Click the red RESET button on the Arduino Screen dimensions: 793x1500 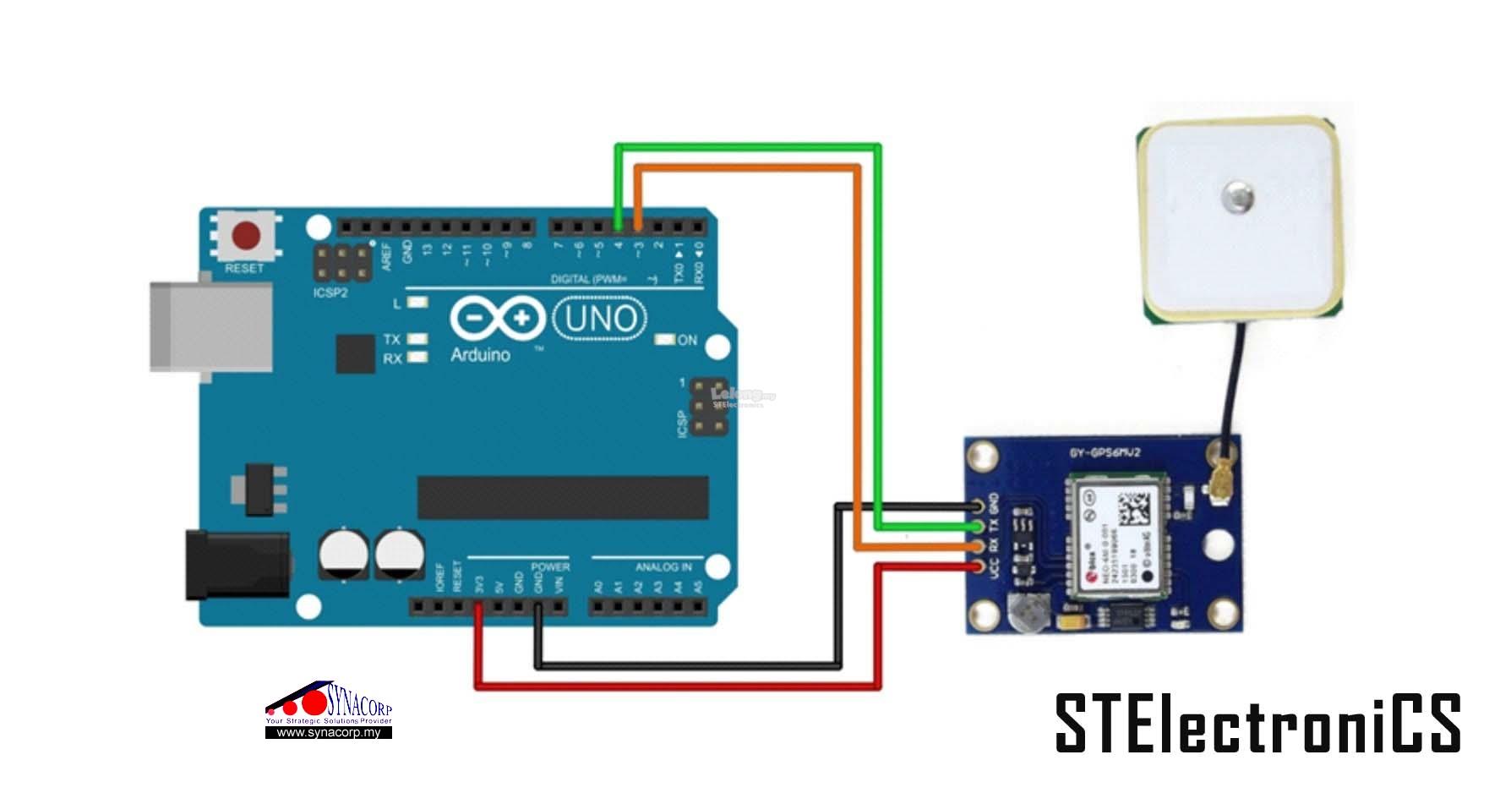click(246, 236)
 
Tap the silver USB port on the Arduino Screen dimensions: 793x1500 click(211, 326)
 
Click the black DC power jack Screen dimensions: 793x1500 click(237, 564)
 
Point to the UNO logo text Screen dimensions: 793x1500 click(600, 320)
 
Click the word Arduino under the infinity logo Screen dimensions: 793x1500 click(480, 355)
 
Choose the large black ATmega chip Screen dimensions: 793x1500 click(563, 497)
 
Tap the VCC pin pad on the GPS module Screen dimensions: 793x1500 click(979, 566)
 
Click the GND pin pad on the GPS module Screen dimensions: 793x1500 click(979, 507)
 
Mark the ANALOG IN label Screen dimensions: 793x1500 click(663, 566)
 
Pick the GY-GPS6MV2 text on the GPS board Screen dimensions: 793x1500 click(1105, 453)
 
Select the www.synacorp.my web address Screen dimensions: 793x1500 click(329, 733)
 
